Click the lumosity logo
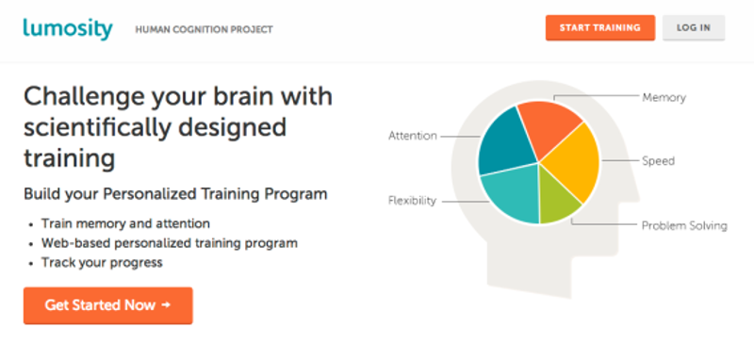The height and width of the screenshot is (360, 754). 68,28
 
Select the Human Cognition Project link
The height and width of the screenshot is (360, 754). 204,30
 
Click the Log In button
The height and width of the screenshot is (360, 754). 694,27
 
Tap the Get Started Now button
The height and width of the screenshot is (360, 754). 107,305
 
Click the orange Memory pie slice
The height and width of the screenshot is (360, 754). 549,126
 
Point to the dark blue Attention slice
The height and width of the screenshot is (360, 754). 505,141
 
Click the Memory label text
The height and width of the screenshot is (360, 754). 664,98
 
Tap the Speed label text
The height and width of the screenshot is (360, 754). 658,160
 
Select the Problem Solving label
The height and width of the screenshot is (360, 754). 684,225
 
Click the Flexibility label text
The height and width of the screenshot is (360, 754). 412,201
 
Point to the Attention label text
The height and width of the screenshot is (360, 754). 413,136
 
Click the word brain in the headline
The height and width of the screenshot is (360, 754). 238,97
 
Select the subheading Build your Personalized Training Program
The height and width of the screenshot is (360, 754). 175,194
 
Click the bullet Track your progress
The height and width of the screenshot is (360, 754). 102,263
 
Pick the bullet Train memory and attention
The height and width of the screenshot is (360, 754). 125,223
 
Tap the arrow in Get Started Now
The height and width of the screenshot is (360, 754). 166,304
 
